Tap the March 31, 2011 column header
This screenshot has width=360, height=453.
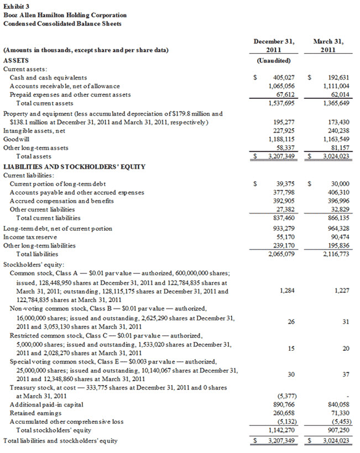pyautogui.click(x=328, y=45)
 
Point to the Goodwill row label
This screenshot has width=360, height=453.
pyautogui.click(x=17, y=140)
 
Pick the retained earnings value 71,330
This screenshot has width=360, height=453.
pyautogui.click(x=338, y=413)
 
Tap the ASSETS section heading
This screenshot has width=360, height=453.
pyautogui.click(x=16, y=60)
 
